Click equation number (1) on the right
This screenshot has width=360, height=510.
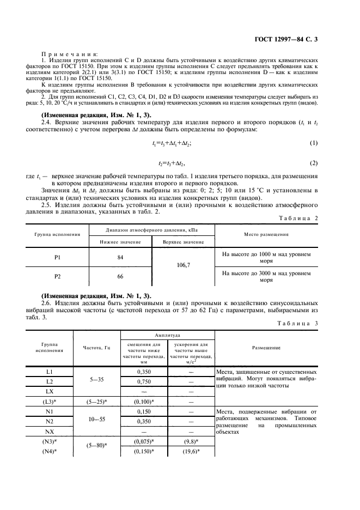tap(313, 143)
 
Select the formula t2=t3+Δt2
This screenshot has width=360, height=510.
tap(172, 163)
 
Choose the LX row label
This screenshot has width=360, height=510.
tap(50, 392)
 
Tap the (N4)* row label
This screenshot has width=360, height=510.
tap(50, 452)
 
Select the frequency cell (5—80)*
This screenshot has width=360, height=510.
tap(96, 447)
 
